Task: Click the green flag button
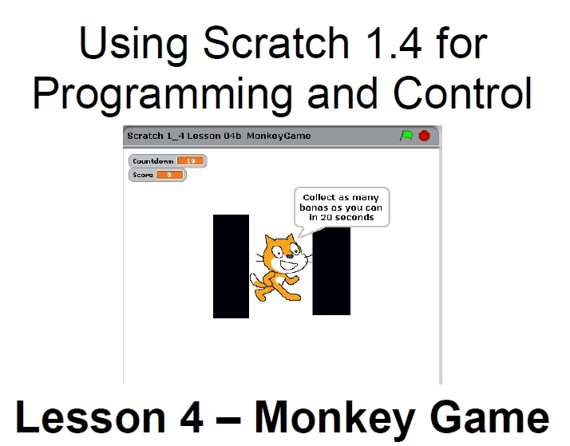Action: click(406, 136)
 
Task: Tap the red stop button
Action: click(424, 136)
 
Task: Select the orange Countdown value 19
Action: click(191, 161)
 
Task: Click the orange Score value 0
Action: click(169, 175)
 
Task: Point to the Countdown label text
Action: click(153, 161)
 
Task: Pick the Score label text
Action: click(143, 175)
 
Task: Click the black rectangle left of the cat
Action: click(231, 266)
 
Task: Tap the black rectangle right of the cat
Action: click(331, 270)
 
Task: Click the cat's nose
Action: click(290, 256)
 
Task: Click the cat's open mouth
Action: click(289, 266)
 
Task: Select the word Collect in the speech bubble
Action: click(319, 197)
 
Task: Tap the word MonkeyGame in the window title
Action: click(279, 136)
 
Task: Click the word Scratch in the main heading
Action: click(276, 43)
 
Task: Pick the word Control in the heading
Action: click(463, 93)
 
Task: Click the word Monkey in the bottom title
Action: click(334, 417)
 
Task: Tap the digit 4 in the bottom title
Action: click(192, 416)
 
